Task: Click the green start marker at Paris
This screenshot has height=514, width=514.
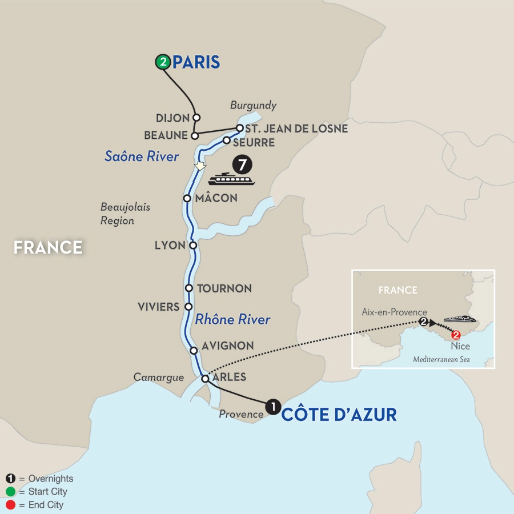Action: (163, 62)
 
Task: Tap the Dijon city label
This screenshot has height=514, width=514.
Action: (172, 118)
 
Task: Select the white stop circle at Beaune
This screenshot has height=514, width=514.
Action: (194, 136)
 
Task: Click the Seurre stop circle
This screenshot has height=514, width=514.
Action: (227, 140)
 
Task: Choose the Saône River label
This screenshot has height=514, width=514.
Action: (142, 156)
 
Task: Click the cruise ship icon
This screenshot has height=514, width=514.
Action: (231, 179)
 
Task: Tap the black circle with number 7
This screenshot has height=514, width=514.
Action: (243, 165)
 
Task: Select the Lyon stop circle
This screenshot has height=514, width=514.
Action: (193, 246)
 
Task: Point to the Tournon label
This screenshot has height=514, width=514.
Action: (224, 288)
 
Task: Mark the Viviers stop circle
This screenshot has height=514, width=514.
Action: (188, 307)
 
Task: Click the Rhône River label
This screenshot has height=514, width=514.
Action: (232, 319)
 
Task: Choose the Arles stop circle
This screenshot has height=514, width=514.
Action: (205, 378)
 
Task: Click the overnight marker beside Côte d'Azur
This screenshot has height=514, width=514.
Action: (274, 407)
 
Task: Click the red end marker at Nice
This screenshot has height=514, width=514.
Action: (456, 335)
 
